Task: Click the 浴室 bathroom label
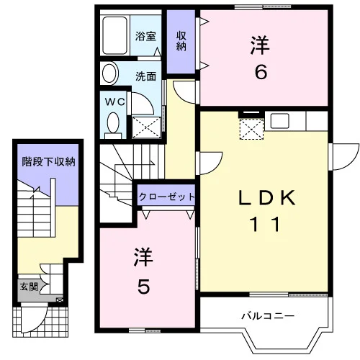pos(145,36)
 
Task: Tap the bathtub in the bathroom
pos(114,35)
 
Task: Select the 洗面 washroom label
pos(145,76)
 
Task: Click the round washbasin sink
pos(110,73)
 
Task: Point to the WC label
pos(115,102)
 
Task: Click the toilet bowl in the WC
pos(113,123)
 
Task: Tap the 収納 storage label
pos(181,41)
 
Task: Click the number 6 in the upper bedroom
pos(261,72)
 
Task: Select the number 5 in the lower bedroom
pos(143,287)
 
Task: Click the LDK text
pos(266,197)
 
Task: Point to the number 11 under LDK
pos(265,224)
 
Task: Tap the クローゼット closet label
pos(166,197)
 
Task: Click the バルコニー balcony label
pos(268,316)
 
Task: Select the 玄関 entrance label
pos(29,287)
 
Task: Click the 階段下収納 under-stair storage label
pos(48,161)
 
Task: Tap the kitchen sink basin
pos(279,121)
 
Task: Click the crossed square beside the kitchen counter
pos(251,130)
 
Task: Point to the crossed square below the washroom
pos(146,127)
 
